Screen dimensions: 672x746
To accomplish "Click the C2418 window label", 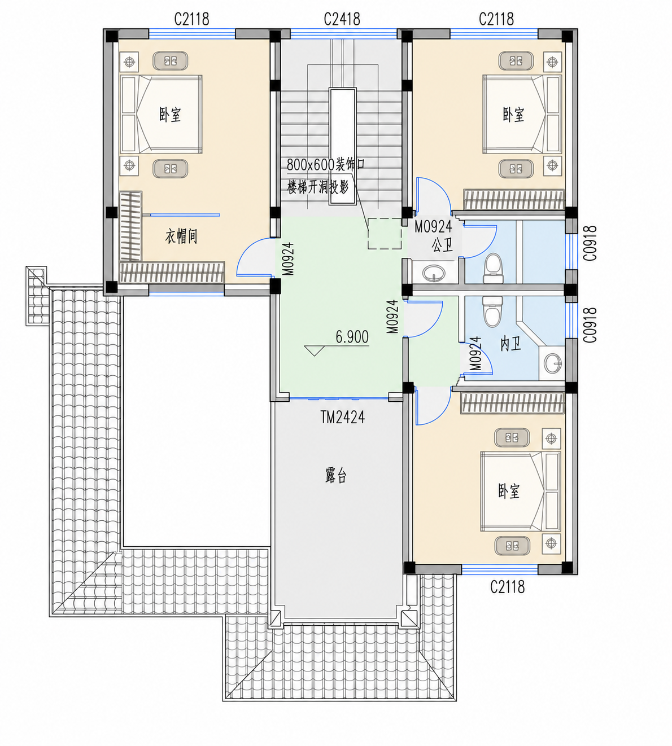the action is coord(342,19).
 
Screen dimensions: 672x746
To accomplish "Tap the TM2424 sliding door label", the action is coord(343,417).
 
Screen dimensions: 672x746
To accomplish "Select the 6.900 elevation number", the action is coord(352,337).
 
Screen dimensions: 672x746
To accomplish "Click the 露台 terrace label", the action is coord(336,475).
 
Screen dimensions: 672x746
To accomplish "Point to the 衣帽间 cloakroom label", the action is coord(181,236).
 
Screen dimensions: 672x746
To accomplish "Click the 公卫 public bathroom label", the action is coord(442,245).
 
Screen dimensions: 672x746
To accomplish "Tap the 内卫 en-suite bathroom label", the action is coord(510,344).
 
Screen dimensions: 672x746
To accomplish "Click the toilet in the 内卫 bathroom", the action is coord(492,311).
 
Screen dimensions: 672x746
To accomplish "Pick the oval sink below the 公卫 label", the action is coord(434,273).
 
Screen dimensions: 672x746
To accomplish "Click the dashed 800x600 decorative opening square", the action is coord(385,234).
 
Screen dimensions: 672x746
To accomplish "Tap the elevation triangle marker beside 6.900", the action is coord(314,350).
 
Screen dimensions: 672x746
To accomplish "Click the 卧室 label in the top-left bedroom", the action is coord(170,115).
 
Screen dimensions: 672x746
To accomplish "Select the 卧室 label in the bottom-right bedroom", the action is coord(509,491).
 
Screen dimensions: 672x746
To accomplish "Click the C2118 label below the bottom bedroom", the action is coord(507,587).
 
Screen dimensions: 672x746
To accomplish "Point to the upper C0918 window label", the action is coord(590,243).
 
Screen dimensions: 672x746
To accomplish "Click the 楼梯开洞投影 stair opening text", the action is coord(317,187).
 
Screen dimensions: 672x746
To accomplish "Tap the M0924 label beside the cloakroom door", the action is coord(288,259).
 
